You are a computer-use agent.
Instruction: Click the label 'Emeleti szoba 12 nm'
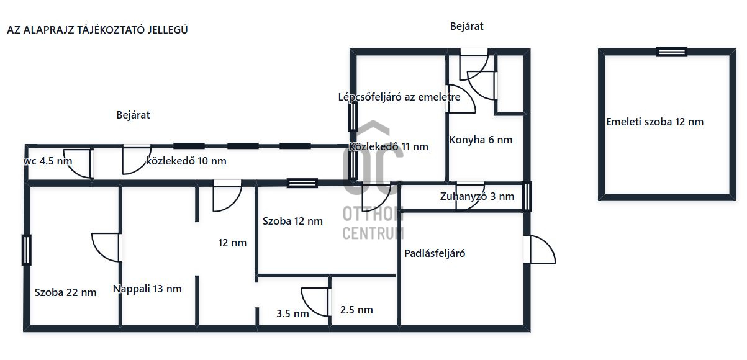pos(654,122)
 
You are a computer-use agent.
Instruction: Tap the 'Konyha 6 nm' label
pos(481,140)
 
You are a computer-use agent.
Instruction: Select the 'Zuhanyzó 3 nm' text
pos(477,196)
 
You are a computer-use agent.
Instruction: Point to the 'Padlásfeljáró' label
pos(435,253)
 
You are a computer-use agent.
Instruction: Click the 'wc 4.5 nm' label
pos(48,161)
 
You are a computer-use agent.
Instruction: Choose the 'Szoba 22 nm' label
pos(65,292)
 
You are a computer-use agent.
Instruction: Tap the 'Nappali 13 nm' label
pos(147,289)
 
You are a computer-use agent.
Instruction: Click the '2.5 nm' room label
pos(356,310)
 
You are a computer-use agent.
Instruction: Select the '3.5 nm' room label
pos(292,313)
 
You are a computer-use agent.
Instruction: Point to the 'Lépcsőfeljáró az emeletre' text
pos(399,97)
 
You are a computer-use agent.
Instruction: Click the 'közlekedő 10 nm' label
pos(186,161)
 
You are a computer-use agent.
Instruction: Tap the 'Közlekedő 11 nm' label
pos(389,146)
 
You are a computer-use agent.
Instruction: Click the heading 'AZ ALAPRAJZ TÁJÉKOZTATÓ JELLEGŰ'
pos(97,30)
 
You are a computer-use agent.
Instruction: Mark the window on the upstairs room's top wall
pos(672,52)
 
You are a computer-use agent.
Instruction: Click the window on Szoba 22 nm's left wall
pos(27,250)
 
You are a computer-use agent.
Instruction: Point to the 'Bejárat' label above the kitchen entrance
pos(466,26)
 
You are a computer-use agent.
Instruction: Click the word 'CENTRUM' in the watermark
pos(373,233)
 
